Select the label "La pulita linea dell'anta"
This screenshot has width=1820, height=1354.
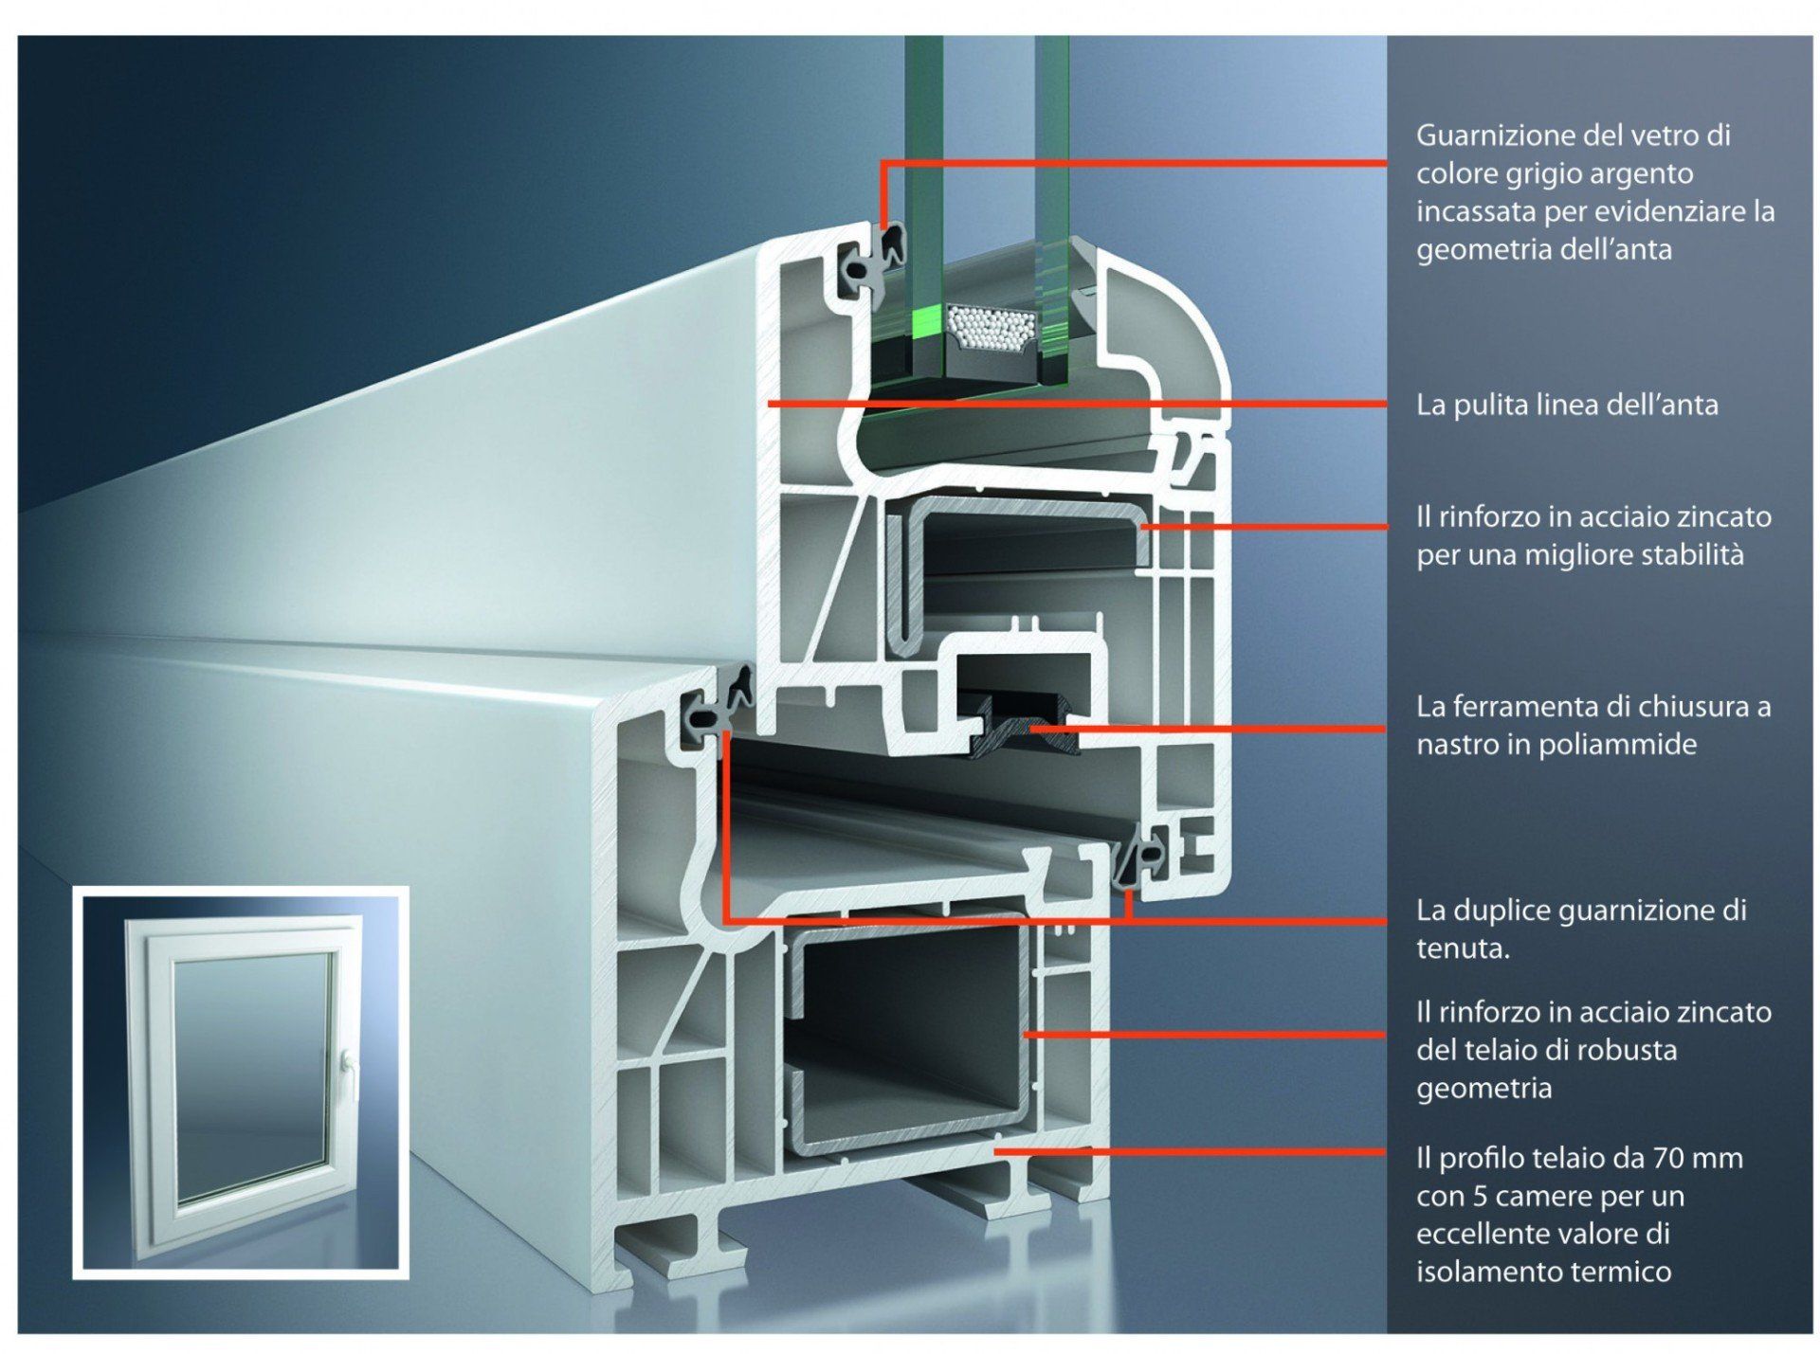(x=1567, y=405)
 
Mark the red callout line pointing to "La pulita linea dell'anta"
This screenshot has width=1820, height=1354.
(x=1077, y=405)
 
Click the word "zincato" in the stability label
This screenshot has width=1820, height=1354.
(x=1721, y=517)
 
